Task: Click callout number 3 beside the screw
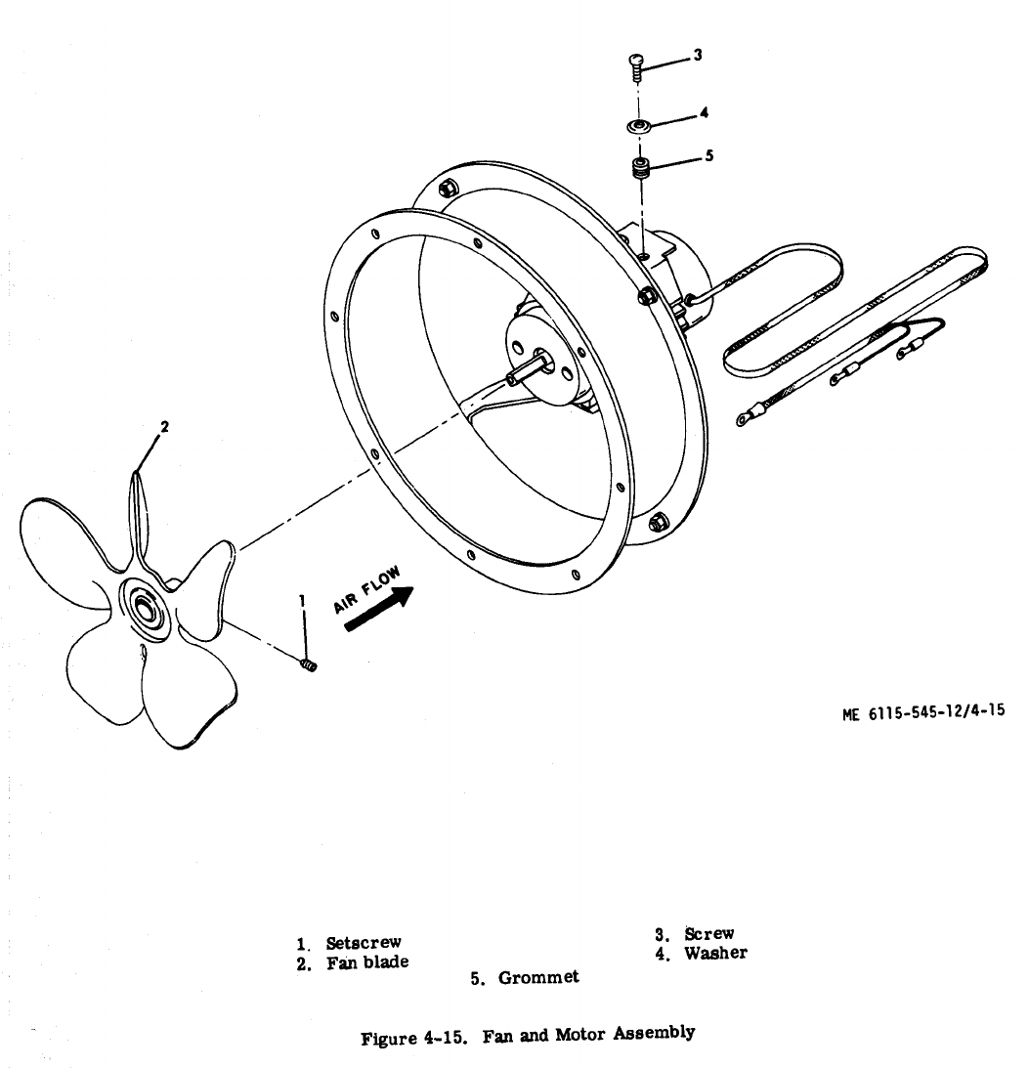point(697,56)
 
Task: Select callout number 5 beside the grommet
point(709,153)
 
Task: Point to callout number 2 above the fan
point(165,426)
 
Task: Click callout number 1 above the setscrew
point(302,598)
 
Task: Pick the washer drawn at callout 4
point(638,126)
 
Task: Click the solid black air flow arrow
point(381,611)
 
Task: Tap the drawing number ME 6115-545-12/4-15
point(923,712)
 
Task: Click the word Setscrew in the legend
point(364,943)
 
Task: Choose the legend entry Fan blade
point(366,962)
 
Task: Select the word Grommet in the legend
point(538,977)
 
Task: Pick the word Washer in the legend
point(715,953)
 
